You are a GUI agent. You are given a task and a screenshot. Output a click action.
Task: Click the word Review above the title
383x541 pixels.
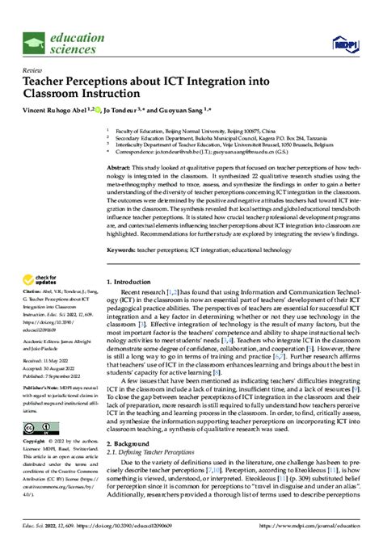pos(34,70)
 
